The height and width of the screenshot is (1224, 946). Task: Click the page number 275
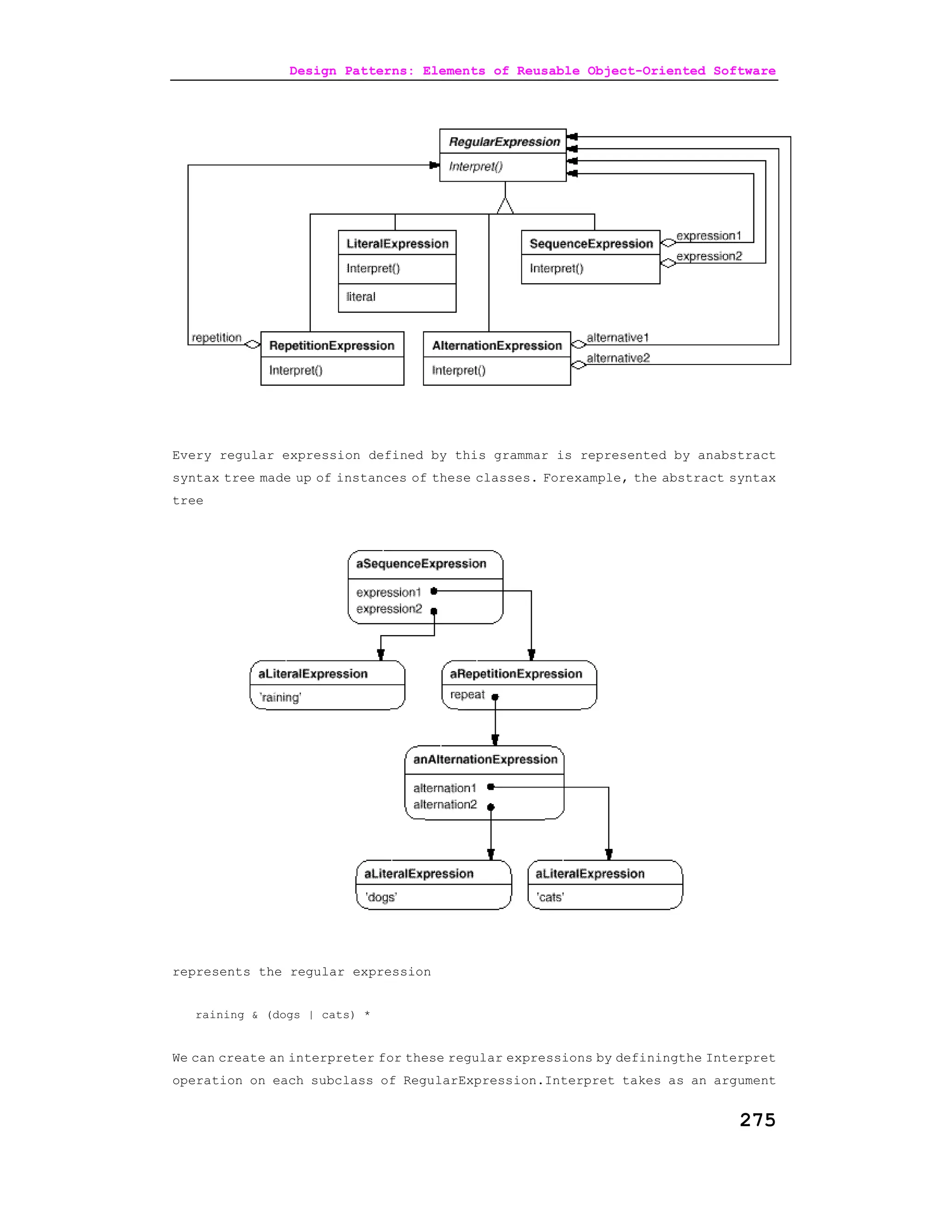tap(757, 1120)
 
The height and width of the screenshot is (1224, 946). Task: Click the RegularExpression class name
tap(504, 142)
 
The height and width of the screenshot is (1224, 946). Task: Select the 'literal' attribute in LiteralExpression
tap(361, 297)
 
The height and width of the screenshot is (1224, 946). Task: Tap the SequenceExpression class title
tap(591, 244)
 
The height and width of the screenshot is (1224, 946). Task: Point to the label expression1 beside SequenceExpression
tap(709, 236)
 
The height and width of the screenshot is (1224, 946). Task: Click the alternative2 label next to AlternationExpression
tap(618, 358)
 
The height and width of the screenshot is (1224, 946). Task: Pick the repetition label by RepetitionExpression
tap(216, 337)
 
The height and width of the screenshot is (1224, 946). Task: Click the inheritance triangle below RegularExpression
tap(505, 206)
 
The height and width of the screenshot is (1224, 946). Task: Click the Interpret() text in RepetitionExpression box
tap(296, 370)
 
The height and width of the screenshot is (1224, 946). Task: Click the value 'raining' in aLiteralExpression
tap(280, 697)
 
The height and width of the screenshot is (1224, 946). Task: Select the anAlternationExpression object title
tap(485, 759)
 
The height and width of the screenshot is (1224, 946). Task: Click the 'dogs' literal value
tap(381, 897)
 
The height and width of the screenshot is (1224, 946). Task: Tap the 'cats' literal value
tap(550, 897)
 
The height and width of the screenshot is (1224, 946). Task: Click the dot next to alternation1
tap(491, 787)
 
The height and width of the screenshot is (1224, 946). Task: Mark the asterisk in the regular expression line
tap(367, 1014)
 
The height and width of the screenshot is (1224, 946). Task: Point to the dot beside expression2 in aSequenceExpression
tap(434, 611)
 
